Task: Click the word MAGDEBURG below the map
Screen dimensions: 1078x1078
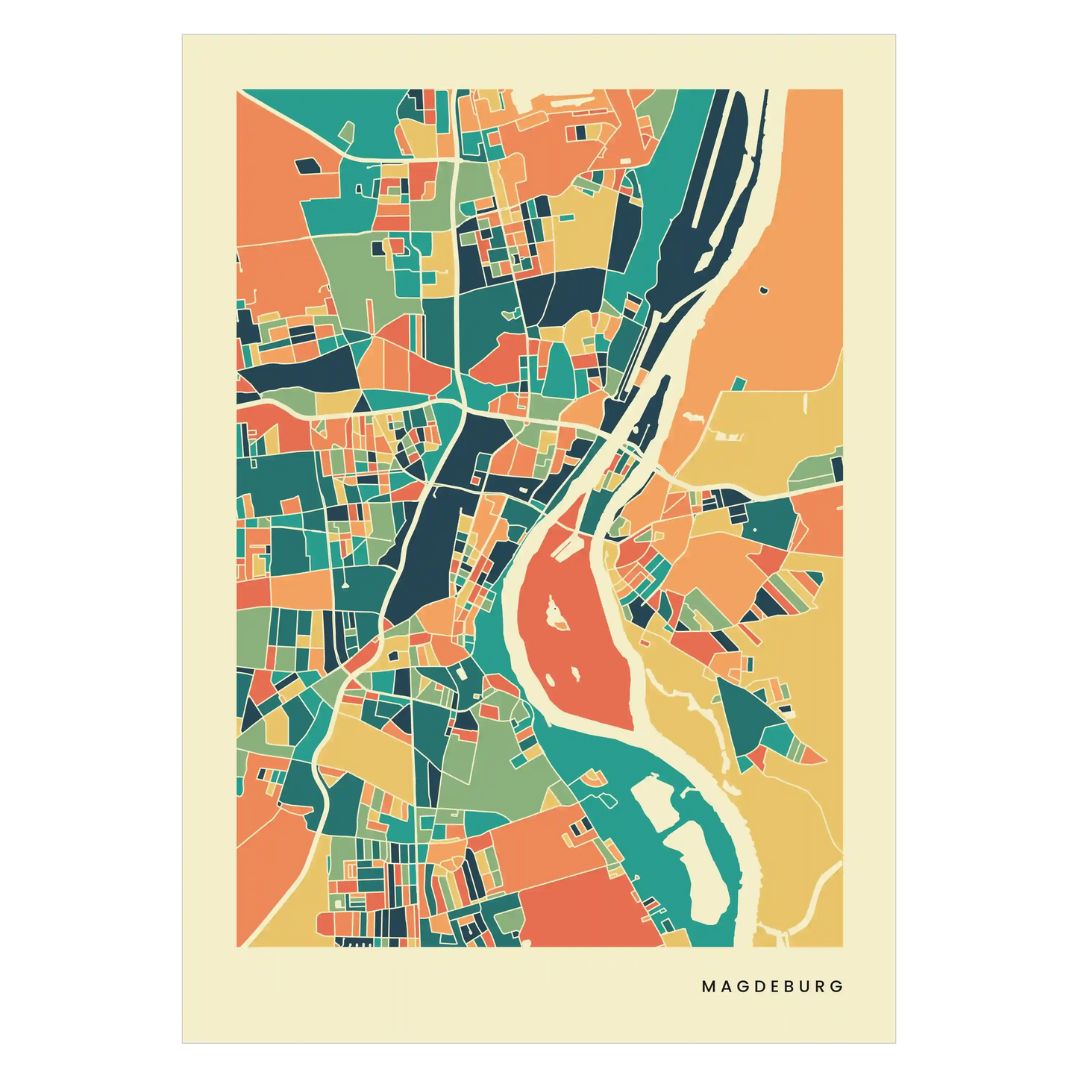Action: coord(772,985)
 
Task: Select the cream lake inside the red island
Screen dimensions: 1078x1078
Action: coord(555,613)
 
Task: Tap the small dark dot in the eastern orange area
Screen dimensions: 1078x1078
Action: coord(762,289)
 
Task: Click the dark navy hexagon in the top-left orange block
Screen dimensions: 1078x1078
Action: coord(307,166)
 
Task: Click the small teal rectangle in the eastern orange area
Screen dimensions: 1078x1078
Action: coord(738,383)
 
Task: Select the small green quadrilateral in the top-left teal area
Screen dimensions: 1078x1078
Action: coord(347,133)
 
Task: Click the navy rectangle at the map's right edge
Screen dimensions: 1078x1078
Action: coord(837,469)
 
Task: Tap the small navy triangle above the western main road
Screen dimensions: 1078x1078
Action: coord(362,404)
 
